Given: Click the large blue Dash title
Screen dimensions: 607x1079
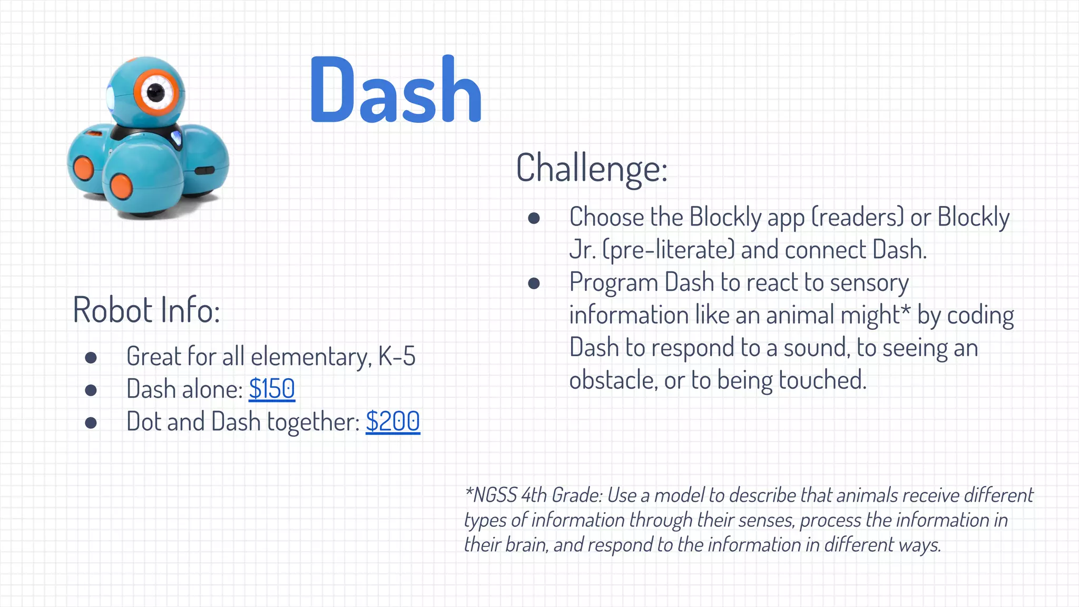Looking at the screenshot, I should (395, 91).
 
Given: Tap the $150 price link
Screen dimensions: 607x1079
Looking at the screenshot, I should (272, 389).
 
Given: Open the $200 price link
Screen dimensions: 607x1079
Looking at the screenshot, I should (393, 422).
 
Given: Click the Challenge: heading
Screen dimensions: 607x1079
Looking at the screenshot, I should (592, 169).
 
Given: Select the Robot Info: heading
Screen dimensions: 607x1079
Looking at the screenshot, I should (146, 310).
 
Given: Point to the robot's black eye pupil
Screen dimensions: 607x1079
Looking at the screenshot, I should (155, 93).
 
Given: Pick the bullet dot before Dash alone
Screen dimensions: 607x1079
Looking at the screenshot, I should (91, 390).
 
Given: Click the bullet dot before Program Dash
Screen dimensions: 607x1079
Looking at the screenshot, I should (534, 283).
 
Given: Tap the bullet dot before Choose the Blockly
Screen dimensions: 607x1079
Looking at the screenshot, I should (534, 218).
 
